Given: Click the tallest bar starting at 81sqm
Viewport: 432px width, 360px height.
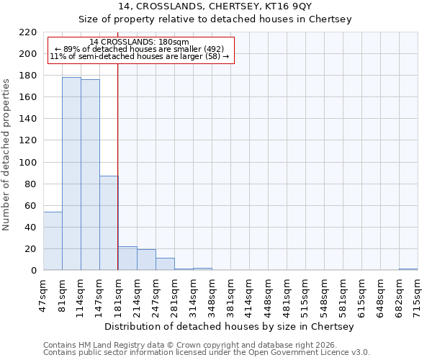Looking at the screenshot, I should [x=71, y=174].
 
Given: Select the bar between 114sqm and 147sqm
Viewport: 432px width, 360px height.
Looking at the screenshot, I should [x=90, y=175].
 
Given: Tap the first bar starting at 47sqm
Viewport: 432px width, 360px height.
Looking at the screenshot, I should [x=53, y=240].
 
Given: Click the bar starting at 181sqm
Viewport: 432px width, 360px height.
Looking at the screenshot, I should [x=127, y=258].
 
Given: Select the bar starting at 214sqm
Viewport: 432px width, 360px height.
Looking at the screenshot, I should [x=146, y=260].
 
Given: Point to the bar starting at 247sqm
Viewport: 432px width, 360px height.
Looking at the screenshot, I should [x=165, y=264].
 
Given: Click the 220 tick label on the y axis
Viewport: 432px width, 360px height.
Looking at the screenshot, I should [x=28, y=32].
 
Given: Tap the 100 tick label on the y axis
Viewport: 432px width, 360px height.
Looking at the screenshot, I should [x=28, y=163].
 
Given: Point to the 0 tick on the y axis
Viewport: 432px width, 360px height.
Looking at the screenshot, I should [x=34, y=271].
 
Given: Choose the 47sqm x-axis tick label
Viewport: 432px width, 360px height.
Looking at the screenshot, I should [x=43, y=293].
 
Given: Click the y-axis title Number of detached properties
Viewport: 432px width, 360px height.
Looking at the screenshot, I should [x=7, y=151].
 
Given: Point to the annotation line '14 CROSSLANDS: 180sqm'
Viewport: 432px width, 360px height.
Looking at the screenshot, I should [x=140, y=42].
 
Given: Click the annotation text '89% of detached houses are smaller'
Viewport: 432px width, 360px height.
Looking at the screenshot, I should [x=140, y=49].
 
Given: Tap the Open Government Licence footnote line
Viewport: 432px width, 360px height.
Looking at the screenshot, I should [x=207, y=353].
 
